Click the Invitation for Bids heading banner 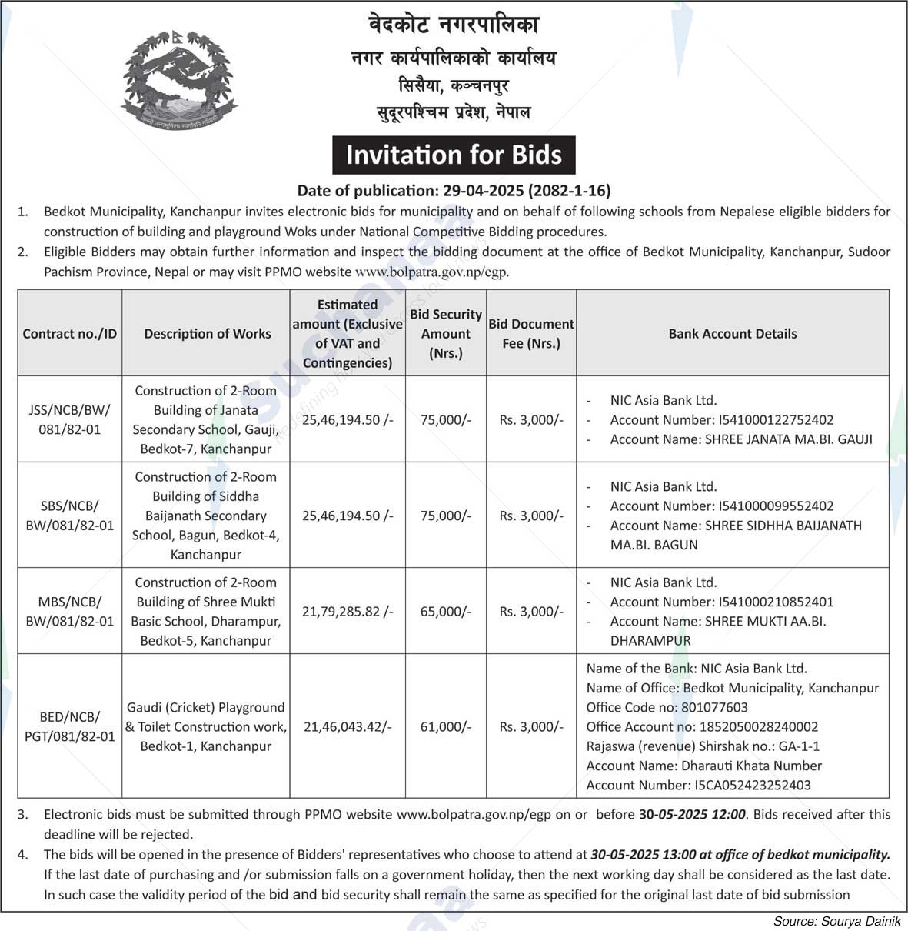point(454,155)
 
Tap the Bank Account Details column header point(732,334)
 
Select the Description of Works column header point(207,334)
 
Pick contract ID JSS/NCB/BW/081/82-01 point(69,419)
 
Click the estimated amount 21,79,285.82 point(348,612)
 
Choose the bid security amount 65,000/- point(446,612)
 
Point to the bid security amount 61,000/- point(446,726)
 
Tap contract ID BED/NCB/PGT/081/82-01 point(69,726)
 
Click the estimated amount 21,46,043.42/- point(348,726)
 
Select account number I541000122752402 point(775,420)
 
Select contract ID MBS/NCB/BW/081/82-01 point(69,612)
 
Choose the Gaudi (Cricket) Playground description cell point(206,726)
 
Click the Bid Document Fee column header point(531,334)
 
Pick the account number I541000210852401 point(775,602)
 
